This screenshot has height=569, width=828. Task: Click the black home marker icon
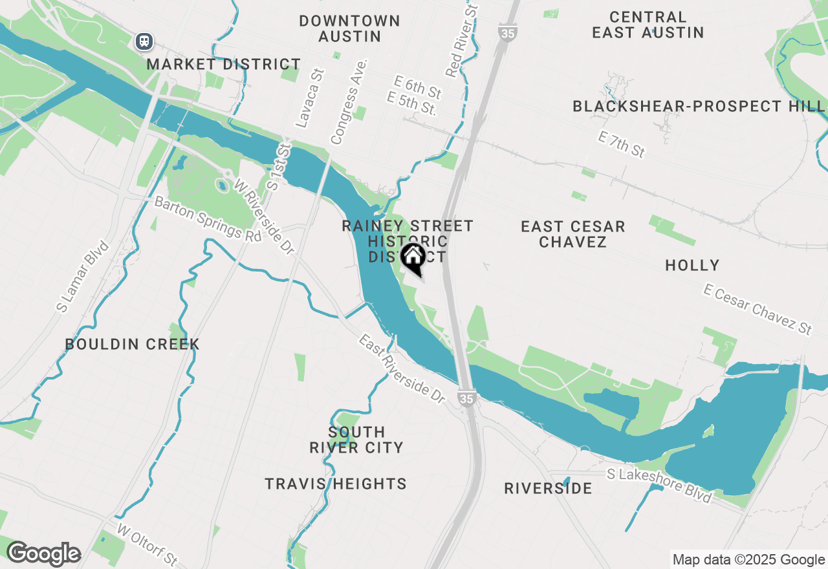pos(413,257)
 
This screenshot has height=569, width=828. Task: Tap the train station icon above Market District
pos(144,41)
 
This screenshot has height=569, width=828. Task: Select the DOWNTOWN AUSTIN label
pos(349,28)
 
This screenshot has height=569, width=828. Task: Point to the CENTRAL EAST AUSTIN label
pos(648,25)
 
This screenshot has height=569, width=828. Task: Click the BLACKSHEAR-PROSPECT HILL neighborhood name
pos(699,106)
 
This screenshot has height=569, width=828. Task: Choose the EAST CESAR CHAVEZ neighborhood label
pos(573,234)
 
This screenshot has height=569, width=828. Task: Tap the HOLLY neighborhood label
pos(692,265)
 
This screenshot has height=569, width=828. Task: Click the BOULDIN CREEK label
pos(132,344)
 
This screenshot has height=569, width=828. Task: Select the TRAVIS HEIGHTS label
pos(336,484)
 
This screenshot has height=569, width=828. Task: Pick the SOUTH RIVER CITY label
pos(356,440)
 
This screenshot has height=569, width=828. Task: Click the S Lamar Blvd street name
pos(82,277)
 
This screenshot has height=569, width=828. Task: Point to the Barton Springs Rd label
pos(208,219)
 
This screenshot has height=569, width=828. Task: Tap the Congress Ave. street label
pos(349,102)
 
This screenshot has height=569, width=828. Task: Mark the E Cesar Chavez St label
pos(757,310)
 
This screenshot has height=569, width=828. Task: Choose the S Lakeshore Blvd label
pos(659,485)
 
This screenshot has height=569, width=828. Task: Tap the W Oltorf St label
pos(147,543)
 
